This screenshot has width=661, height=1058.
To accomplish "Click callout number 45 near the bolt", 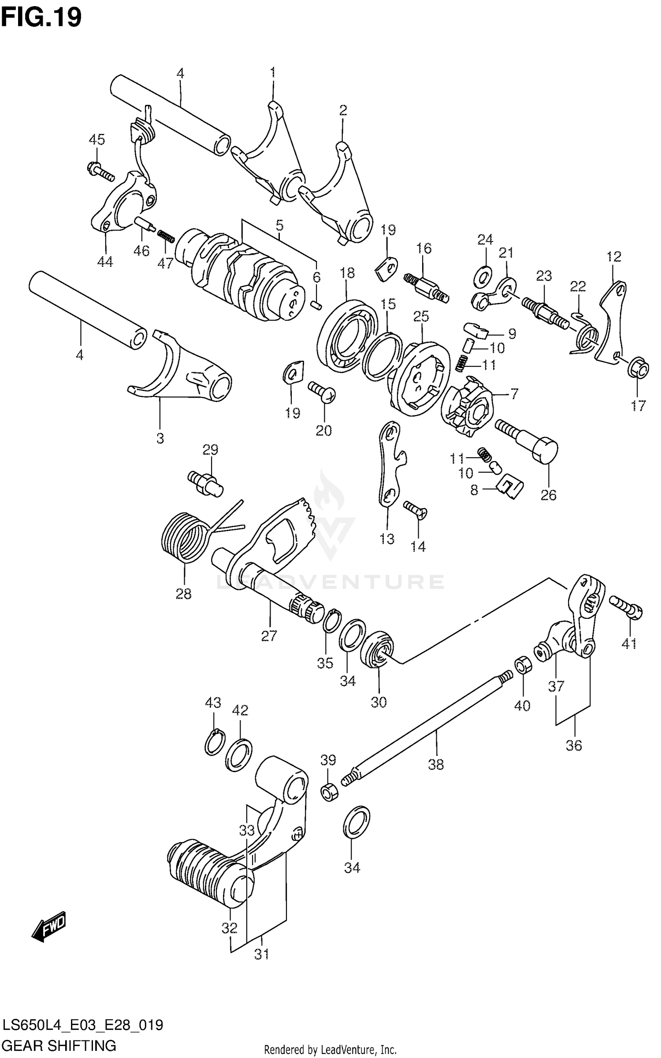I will pos(97,140).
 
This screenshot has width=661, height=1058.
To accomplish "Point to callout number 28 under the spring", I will pos(184,594).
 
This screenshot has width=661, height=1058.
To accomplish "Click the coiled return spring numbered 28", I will pos(184,538).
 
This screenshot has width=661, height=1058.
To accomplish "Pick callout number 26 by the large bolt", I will pos(549,495).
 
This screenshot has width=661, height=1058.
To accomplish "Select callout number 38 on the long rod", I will pos(436,764).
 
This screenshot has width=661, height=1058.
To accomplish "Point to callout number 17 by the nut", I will pos(638,405).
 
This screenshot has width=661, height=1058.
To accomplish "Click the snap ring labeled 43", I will pos(215,744).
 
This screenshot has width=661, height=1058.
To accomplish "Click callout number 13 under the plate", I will pos(387,538).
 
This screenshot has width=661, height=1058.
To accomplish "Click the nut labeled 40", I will pos(522,664).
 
